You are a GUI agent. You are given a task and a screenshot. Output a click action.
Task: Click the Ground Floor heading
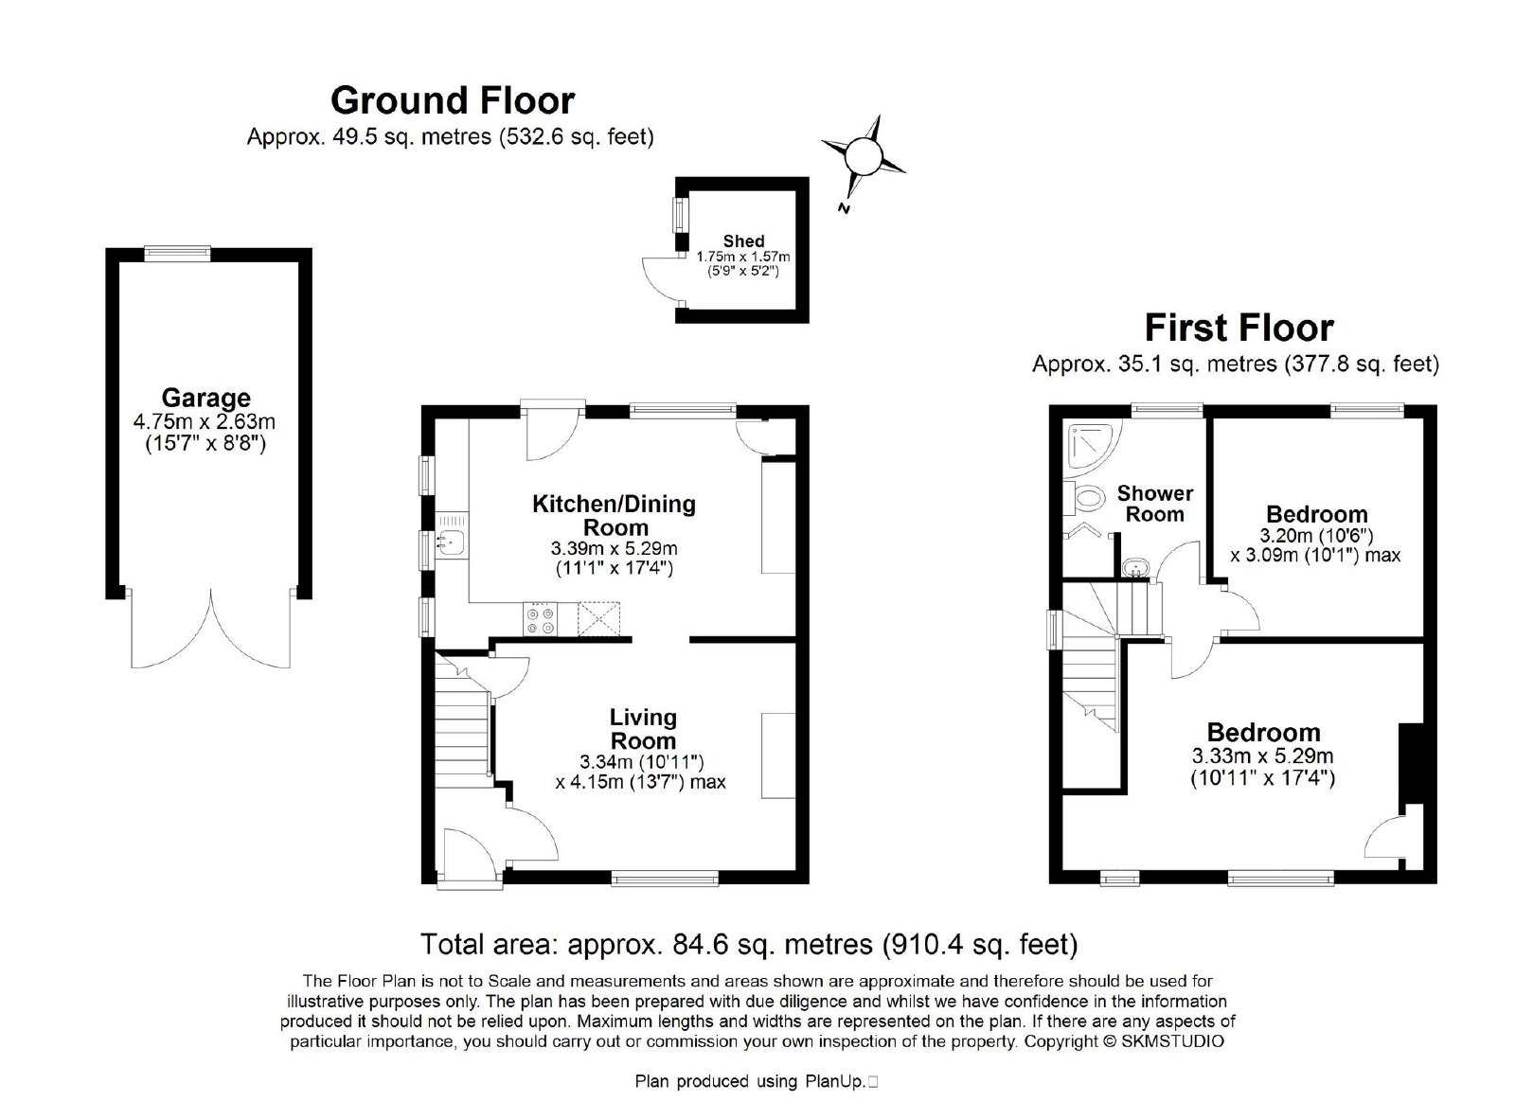pos(453,100)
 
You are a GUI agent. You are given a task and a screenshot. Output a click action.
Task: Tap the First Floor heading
pos(1239,328)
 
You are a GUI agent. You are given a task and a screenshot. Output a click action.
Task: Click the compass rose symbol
pos(864,157)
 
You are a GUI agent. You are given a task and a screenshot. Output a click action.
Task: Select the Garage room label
pos(205,397)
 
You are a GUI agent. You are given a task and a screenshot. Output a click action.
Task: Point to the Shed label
pos(743,240)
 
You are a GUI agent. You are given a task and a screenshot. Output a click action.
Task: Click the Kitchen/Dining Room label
pos(615,515)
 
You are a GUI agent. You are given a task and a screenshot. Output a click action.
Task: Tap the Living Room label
pos(643,728)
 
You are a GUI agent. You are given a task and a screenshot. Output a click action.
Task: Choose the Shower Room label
pos(1154,504)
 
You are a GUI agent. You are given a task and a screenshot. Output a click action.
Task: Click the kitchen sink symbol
pos(451,541)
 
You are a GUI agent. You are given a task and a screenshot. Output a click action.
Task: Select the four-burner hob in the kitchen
pos(540,618)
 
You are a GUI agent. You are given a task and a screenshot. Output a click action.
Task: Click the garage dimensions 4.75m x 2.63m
pos(205,422)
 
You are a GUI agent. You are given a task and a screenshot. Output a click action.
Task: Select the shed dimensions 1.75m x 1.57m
pos(743,257)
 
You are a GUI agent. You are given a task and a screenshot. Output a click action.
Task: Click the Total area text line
pos(749,944)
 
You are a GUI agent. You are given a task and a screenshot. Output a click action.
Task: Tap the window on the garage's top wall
pos(177,253)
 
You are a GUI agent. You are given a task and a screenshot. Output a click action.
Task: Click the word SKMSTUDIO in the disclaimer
pos(1172,1041)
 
